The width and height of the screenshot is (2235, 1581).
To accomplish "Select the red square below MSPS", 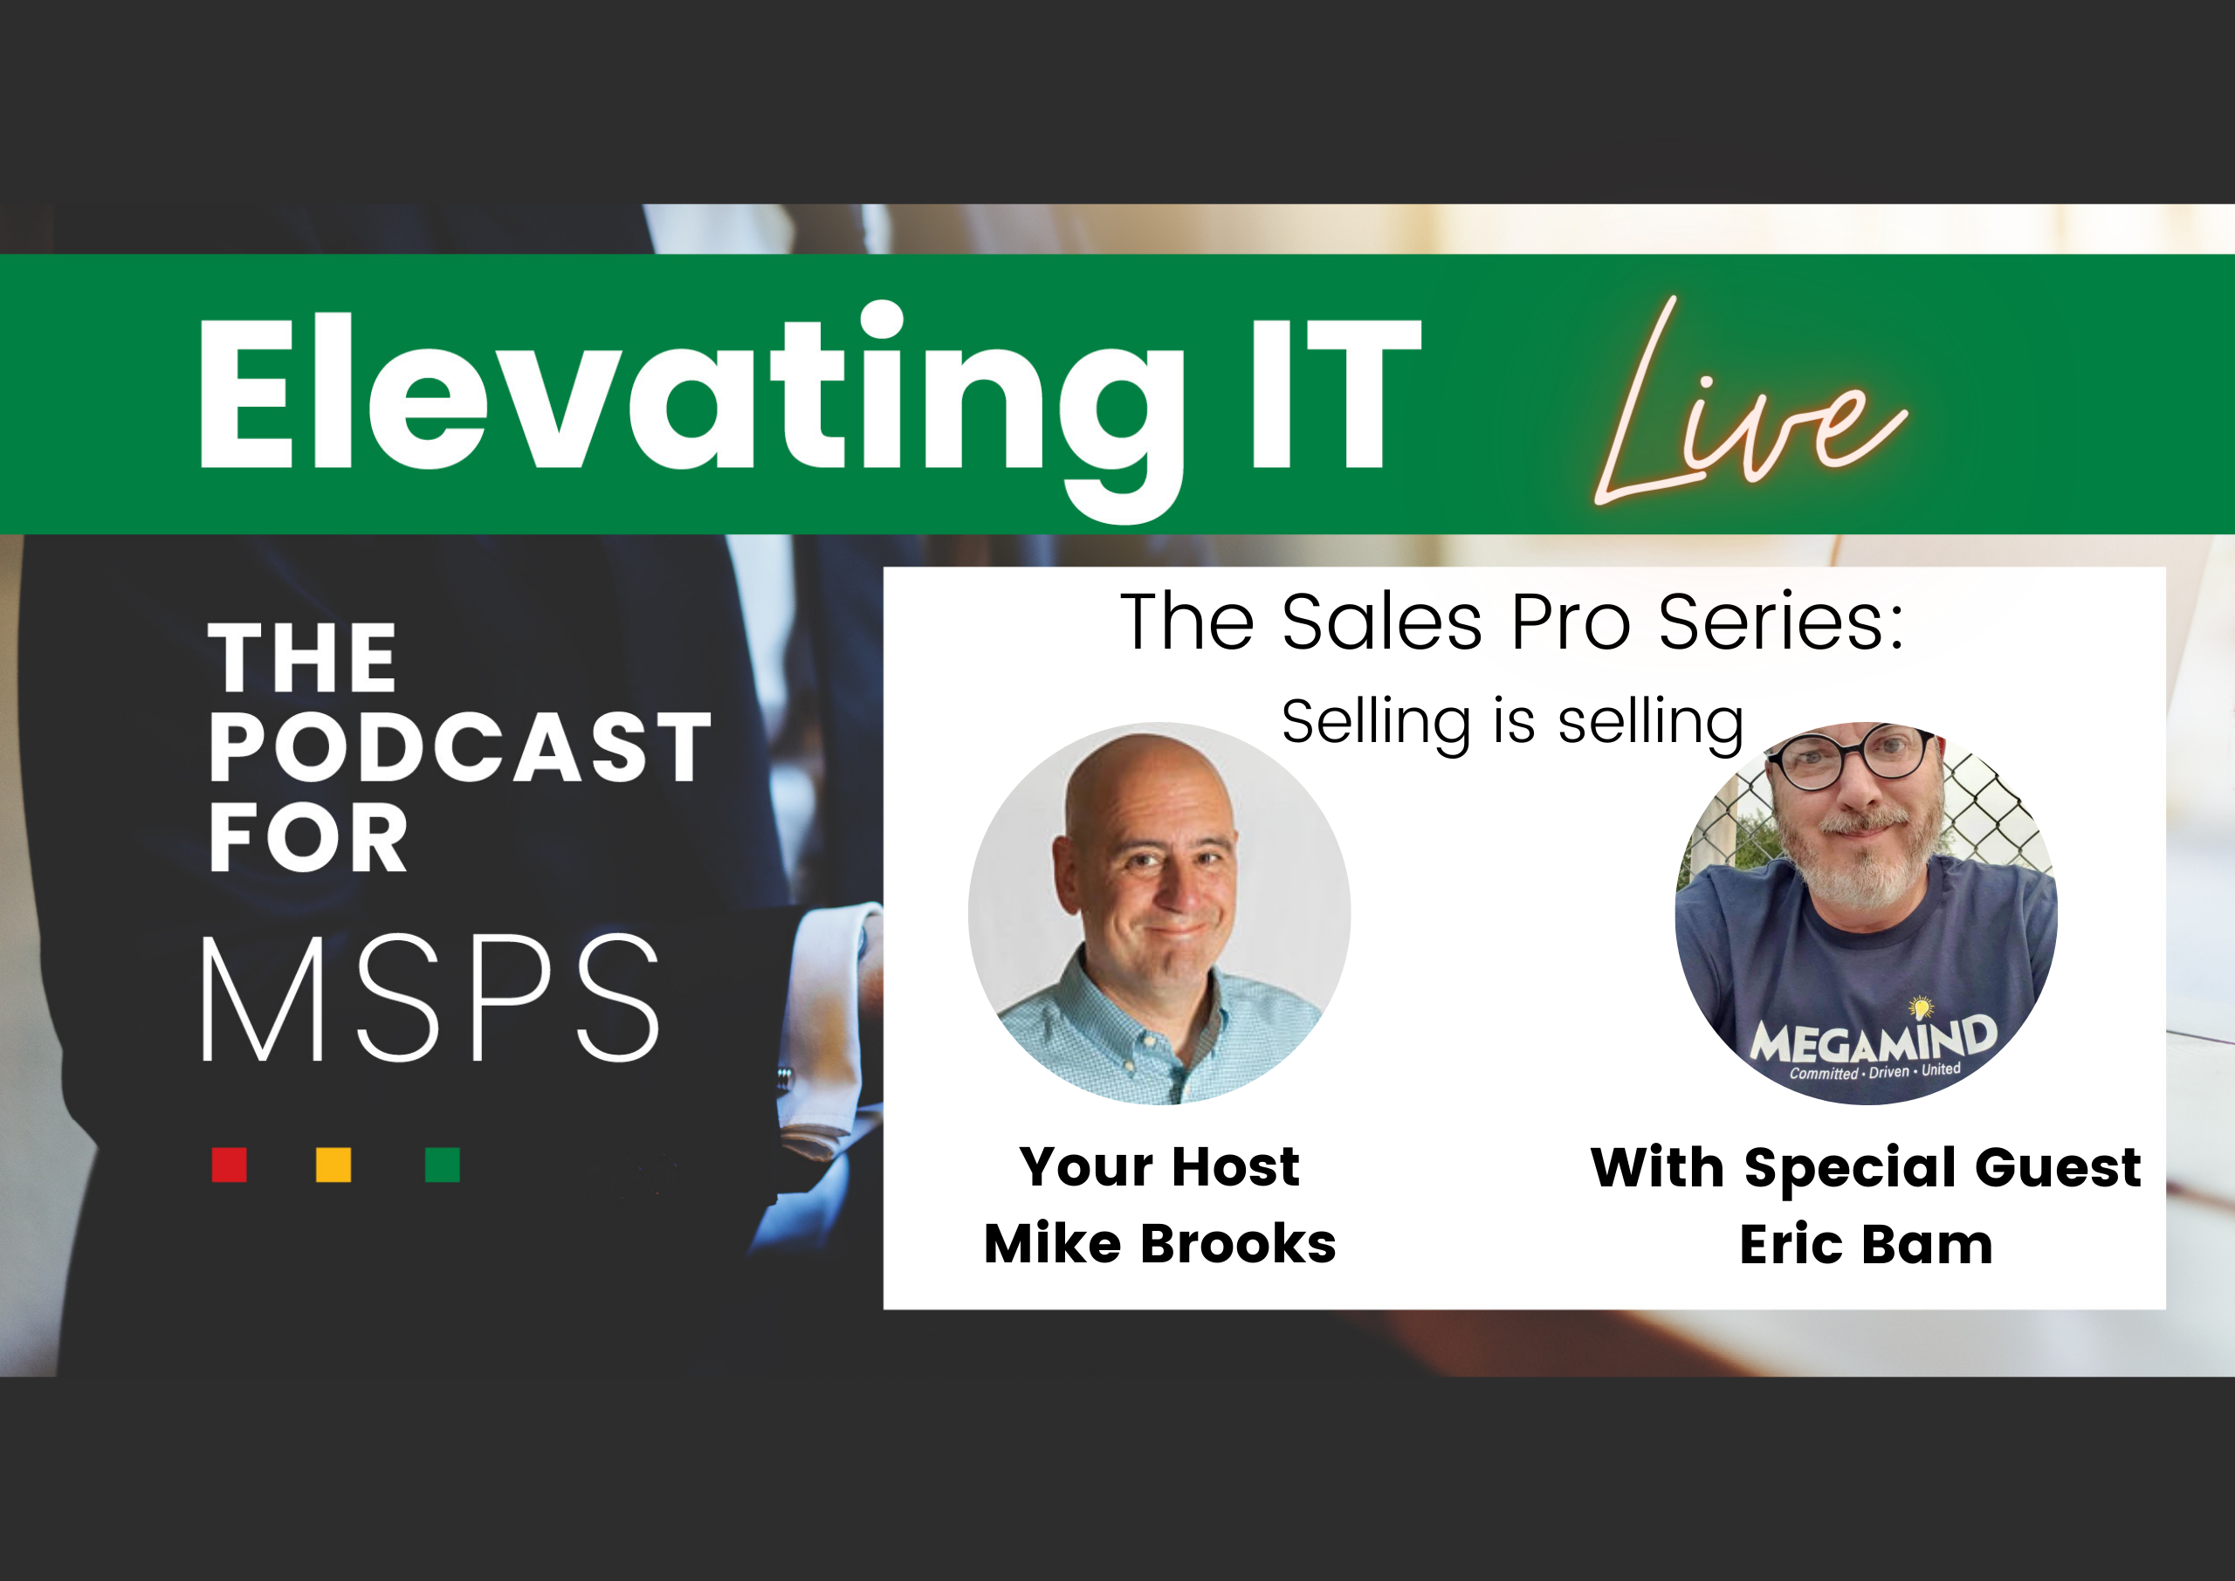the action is pyautogui.click(x=229, y=1165).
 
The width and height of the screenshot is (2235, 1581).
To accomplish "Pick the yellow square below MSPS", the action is pyautogui.click(x=334, y=1165).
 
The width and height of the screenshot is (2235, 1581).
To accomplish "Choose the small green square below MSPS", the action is pyautogui.click(x=442, y=1165).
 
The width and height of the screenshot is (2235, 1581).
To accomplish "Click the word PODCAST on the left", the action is pyautogui.click(x=459, y=746).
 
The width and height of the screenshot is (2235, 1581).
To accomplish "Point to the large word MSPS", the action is pyautogui.click(x=430, y=998).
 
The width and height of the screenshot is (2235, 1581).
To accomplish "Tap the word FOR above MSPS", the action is pyautogui.click(x=307, y=837).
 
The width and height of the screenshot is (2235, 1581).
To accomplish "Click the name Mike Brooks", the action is pyautogui.click(x=1159, y=1244).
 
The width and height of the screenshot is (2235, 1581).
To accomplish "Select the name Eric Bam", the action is pyautogui.click(x=1865, y=1245).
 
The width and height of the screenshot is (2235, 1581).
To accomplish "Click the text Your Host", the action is pyautogui.click(x=1159, y=1166).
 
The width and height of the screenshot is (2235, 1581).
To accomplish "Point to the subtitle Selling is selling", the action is pyautogui.click(x=1512, y=721).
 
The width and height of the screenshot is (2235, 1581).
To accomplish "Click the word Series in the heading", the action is pyautogui.click(x=1780, y=622).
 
